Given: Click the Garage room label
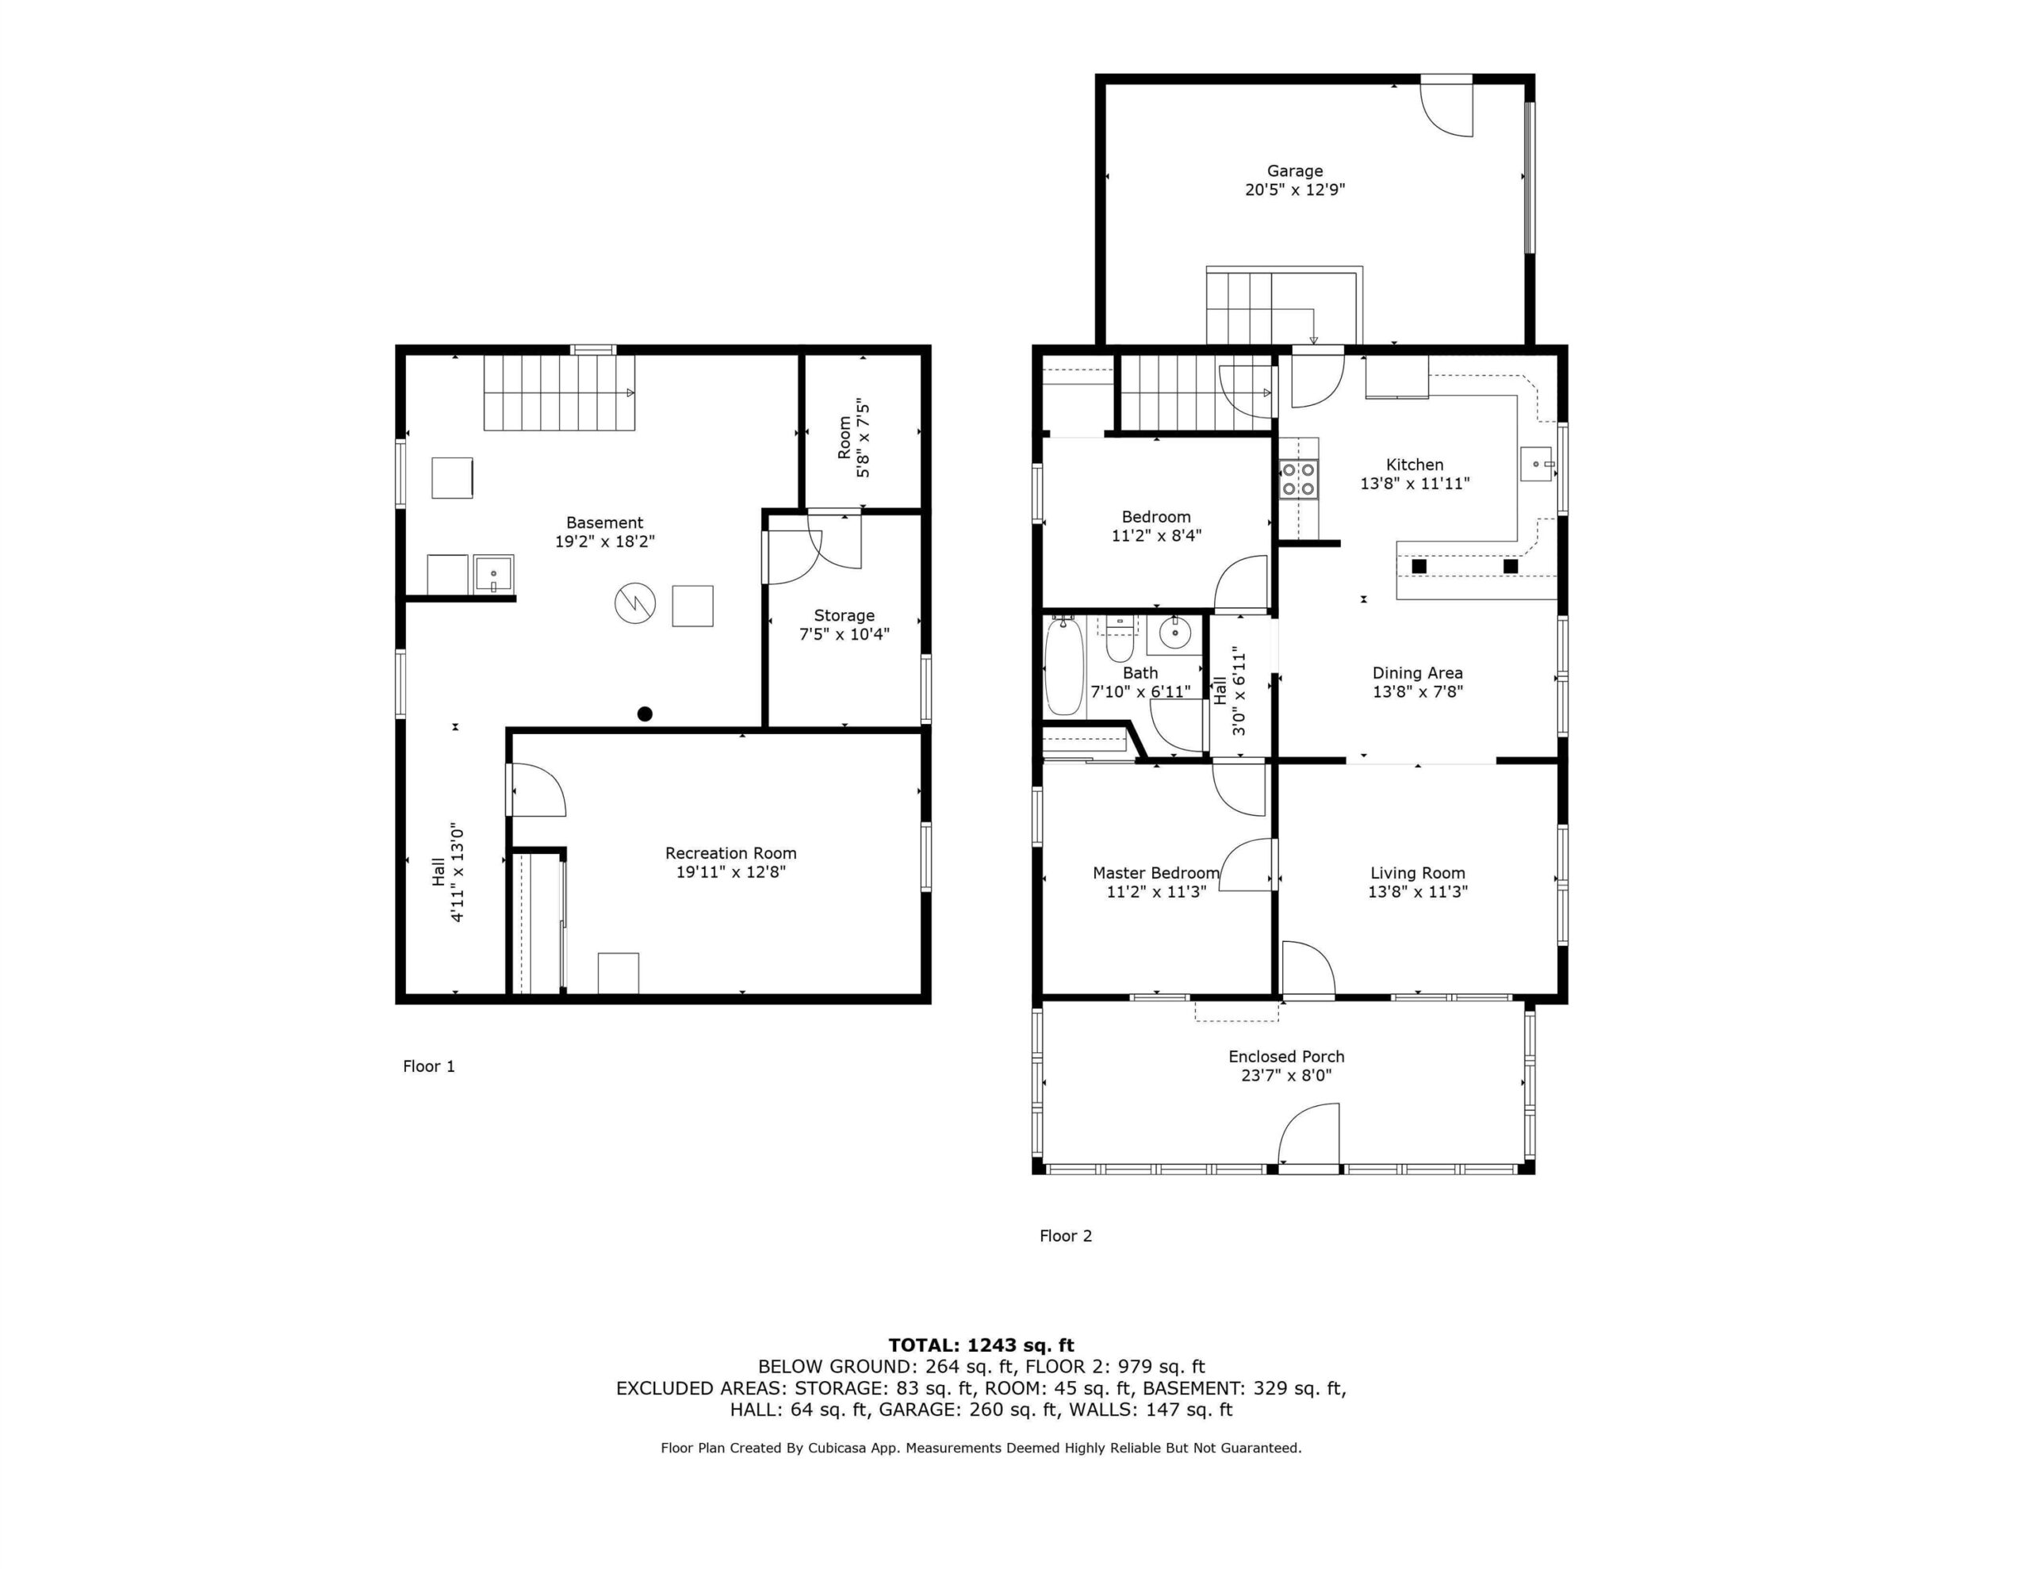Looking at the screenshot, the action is pos(1295,171).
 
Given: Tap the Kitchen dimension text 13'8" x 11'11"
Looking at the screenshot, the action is pos(1415,484).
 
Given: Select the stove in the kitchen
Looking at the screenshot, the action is pos(1299,480).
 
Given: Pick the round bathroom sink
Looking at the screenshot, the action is pos(1175,633).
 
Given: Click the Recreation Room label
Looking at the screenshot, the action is pos(730,853).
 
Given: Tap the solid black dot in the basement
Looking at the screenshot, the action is pos(645,714).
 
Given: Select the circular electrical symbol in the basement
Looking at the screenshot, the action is pos(636,603).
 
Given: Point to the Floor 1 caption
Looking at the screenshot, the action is pos(428,1066).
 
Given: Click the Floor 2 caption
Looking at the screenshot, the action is pos(1065,1235).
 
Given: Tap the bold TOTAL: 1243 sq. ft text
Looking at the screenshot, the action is pos(981,1345).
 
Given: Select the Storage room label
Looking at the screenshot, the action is pos(844,615).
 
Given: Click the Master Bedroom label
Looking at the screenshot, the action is pos(1155,873).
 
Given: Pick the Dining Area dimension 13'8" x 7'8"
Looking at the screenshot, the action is pos(1418,691).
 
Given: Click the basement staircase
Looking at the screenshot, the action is pos(558,392).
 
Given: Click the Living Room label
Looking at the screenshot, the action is pos(1418,873).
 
